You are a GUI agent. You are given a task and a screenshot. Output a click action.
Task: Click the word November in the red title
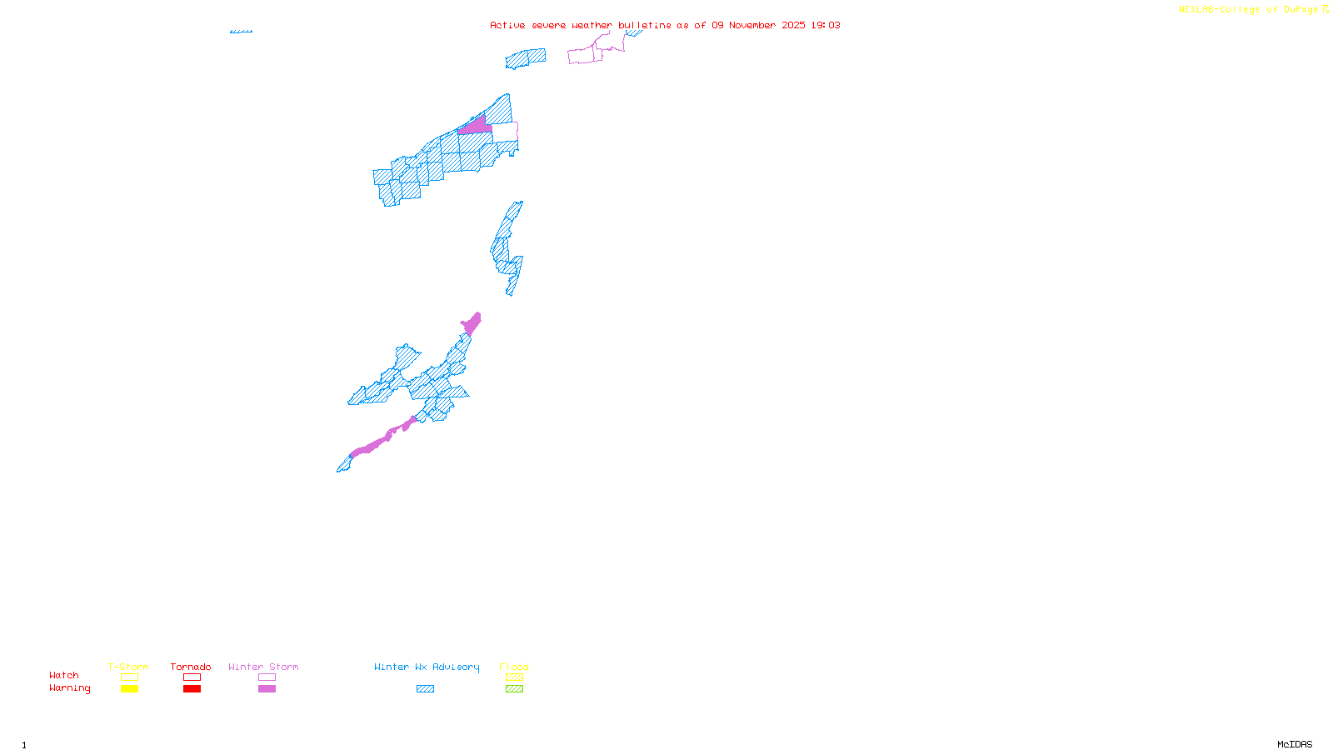[x=752, y=25]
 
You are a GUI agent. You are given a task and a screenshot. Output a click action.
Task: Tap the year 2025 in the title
[x=793, y=25]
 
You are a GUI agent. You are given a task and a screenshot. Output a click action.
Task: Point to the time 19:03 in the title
[x=826, y=25]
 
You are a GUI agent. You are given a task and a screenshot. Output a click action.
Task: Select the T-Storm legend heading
[x=128, y=667]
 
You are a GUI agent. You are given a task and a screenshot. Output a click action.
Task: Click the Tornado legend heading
[x=191, y=667]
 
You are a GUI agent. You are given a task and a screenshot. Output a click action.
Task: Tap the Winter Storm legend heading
[x=263, y=667]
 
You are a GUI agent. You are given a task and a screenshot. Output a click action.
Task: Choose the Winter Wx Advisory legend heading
[x=427, y=667]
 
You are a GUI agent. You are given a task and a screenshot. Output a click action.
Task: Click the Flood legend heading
[x=514, y=667]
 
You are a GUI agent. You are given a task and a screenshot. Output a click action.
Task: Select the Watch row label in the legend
[x=64, y=675]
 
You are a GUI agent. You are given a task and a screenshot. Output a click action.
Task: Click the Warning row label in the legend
[x=70, y=688]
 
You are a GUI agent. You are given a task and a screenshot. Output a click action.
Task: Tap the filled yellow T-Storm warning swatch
[x=129, y=689]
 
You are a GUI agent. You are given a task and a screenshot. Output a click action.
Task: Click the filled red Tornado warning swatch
[x=192, y=689]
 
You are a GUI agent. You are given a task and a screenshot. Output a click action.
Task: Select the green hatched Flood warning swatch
[x=515, y=689]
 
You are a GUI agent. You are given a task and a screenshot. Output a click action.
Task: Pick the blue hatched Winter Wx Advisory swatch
[x=426, y=689]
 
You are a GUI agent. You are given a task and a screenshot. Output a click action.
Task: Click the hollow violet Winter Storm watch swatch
[x=267, y=677]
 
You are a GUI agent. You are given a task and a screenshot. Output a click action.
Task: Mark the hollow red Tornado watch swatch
[x=192, y=677]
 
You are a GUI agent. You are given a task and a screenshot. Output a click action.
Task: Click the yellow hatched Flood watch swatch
[x=515, y=677]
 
